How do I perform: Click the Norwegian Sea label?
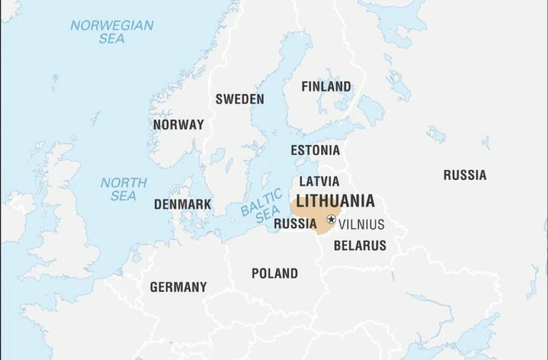coord(112,32)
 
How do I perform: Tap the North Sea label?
coord(123,189)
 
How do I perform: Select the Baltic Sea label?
coord(262,206)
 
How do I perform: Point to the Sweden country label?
coord(240,99)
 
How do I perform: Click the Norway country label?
coord(178,125)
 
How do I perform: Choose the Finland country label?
coord(326,86)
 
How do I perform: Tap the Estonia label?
coord(315,150)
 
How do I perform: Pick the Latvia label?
coord(319,181)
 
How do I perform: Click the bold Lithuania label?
coord(335,201)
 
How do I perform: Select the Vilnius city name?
coord(361,224)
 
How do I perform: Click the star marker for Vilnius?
coord(331,219)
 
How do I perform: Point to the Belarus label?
coord(360,246)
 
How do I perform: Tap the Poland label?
coord(275,273)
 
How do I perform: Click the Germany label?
coord(178,287)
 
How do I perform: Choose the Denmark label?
coord(182,204)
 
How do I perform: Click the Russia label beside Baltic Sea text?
coord(295,224)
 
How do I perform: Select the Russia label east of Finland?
coord(465,175)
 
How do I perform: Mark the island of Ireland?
coord(13,214)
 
